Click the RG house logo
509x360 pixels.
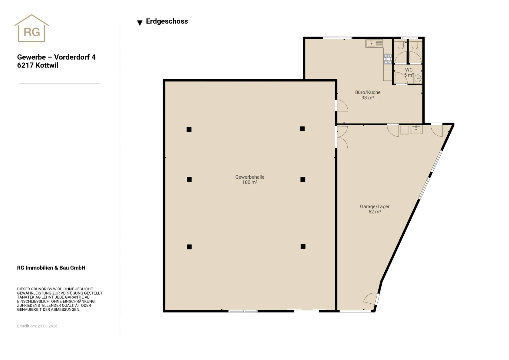coord(31,28)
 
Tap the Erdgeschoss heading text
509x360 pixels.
coord(167,21)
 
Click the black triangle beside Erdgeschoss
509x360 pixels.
coord(140,23)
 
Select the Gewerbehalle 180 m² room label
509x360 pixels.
coord(249,179)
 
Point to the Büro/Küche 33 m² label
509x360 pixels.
coord(368,95)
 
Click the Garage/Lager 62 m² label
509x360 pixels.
coord(375,209)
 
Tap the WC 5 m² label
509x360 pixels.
coord(408,72)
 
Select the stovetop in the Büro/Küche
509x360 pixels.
coord(388,59)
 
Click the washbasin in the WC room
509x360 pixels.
coord(418,78)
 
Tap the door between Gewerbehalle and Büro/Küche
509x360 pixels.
coord(341,106)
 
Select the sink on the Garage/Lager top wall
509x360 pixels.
coord(416,129)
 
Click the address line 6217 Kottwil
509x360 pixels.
coord(38,66)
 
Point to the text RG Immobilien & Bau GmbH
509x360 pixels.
coord(51,268)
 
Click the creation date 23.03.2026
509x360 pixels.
coord(47,326)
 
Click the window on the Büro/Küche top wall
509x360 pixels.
coord(337,38)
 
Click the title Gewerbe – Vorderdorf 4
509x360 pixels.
coord(56,57)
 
